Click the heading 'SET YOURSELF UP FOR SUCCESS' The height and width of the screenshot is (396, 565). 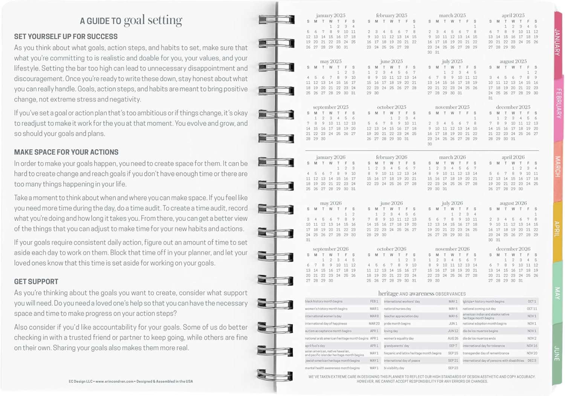pos(66,37)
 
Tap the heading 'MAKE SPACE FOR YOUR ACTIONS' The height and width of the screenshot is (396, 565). pos(66,152)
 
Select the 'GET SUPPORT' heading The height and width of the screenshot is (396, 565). pos(36,282)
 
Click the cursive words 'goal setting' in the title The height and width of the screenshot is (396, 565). pos(153,20)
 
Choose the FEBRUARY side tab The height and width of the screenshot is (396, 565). pos(559,103)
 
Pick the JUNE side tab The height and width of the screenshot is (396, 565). pos(557,353)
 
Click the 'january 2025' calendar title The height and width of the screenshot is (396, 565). pos(330,15)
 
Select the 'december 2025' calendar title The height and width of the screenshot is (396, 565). pos(513,107)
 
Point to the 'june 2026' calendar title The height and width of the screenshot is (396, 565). pos(391,203)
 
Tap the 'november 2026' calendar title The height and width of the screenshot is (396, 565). pos(452,249)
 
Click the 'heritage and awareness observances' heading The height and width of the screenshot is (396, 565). pos(421,294)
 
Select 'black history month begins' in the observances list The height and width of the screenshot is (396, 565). pos(324,302)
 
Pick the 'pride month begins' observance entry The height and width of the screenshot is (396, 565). pos(397,324)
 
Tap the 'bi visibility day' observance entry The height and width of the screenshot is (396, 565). pos(394,368)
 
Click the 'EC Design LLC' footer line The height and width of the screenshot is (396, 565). pos(131,381)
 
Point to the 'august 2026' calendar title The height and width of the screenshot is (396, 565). pos(513,203)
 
